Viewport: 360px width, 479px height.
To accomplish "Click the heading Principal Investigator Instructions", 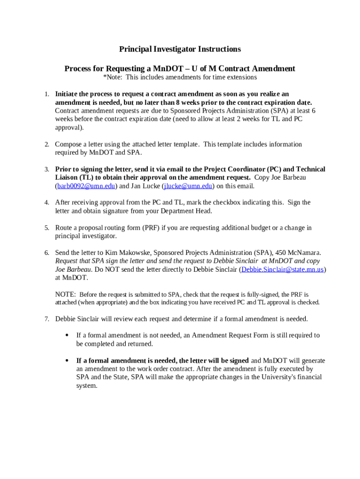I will pos(180,49).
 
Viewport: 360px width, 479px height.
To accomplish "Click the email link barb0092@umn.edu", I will pos(86,186).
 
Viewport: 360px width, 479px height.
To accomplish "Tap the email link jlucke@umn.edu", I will pos(187,186).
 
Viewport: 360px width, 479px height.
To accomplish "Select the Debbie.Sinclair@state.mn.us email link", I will pos(282,269).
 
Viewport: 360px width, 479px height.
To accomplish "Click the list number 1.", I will pos(47,94).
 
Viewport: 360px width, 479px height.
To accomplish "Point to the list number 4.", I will pos(47,203).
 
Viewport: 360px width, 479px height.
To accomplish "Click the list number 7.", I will pos(47,319).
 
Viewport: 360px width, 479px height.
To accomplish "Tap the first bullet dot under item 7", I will pos(67,335).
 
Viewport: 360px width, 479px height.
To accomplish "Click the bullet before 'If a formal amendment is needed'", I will pos(67,361).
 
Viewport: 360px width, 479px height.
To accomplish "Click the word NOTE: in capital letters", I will pos(65,295).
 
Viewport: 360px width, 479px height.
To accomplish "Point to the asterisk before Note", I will pos(104,77).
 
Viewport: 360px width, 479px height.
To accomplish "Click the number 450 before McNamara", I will pos(279,253).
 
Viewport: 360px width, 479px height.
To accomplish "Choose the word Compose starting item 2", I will pos(69,144).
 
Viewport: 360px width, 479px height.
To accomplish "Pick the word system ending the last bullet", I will pos(86,386).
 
